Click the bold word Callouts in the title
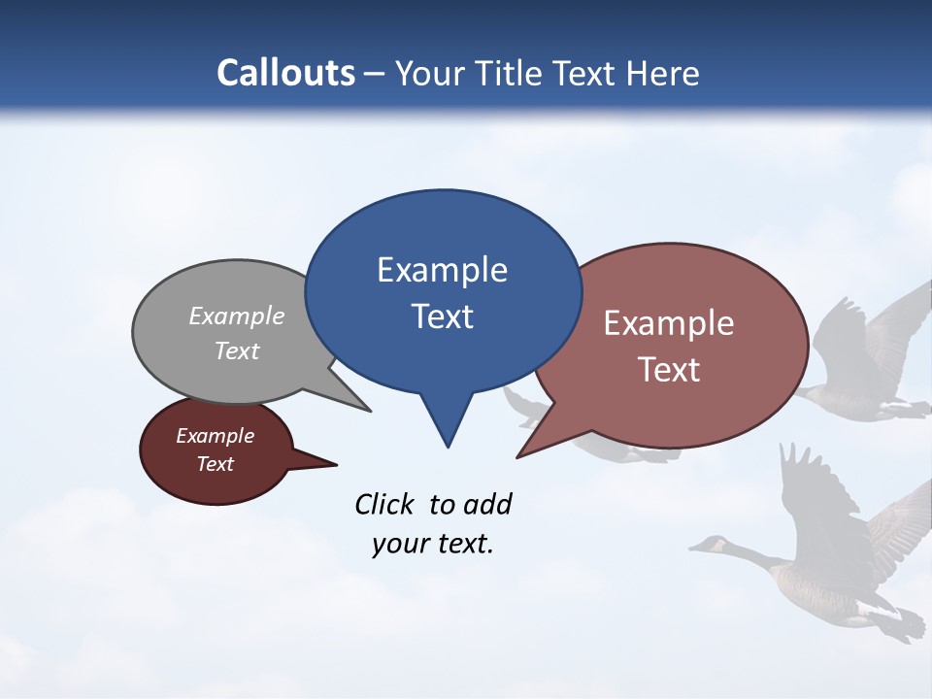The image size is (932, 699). [285, 73]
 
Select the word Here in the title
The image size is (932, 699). [661, 74]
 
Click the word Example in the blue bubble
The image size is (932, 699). [442, 270]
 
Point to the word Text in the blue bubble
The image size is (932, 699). [442, 316]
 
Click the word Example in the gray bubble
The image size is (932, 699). [237, 316]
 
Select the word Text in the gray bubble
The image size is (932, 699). [237, 351]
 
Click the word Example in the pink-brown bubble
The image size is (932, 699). [669, 323]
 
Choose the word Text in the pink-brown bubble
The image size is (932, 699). [669, 370]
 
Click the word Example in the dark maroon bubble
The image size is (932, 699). [215, 437]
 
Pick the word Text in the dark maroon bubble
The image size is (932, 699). [215, 464]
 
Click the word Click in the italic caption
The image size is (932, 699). [386, 504]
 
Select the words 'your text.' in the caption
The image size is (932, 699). [433, 544]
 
